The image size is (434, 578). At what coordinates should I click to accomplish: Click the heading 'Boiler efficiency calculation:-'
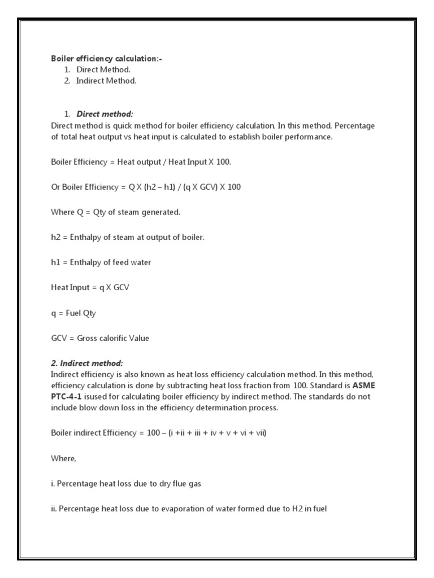(x=106, y=59)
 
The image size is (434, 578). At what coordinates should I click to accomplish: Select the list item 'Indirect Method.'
(x=106, y=81)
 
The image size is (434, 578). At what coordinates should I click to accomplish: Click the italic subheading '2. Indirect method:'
(x=87, y=363)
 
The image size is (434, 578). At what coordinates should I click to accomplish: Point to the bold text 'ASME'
(x=367, y=386)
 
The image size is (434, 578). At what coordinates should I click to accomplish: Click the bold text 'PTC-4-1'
(x=66, y=396)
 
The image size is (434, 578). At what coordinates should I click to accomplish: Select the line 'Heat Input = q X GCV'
(x=90, y=288)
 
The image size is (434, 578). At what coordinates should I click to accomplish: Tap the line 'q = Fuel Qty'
(x=73, y=313)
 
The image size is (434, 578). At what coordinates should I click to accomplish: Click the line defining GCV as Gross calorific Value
(x=100, y=338)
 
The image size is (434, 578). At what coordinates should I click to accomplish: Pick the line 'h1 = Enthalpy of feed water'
(x=101, y=262)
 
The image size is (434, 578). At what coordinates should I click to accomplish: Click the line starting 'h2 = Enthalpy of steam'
(x=128, y=238)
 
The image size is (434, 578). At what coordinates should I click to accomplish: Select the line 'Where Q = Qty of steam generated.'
(x=115, y=212)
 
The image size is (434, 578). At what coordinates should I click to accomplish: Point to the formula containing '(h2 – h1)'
(x=146, y=187)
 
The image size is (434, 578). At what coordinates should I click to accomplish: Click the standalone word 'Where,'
(x=63, y=458)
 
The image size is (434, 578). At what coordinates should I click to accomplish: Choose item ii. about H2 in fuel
(x=189, y=509)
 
